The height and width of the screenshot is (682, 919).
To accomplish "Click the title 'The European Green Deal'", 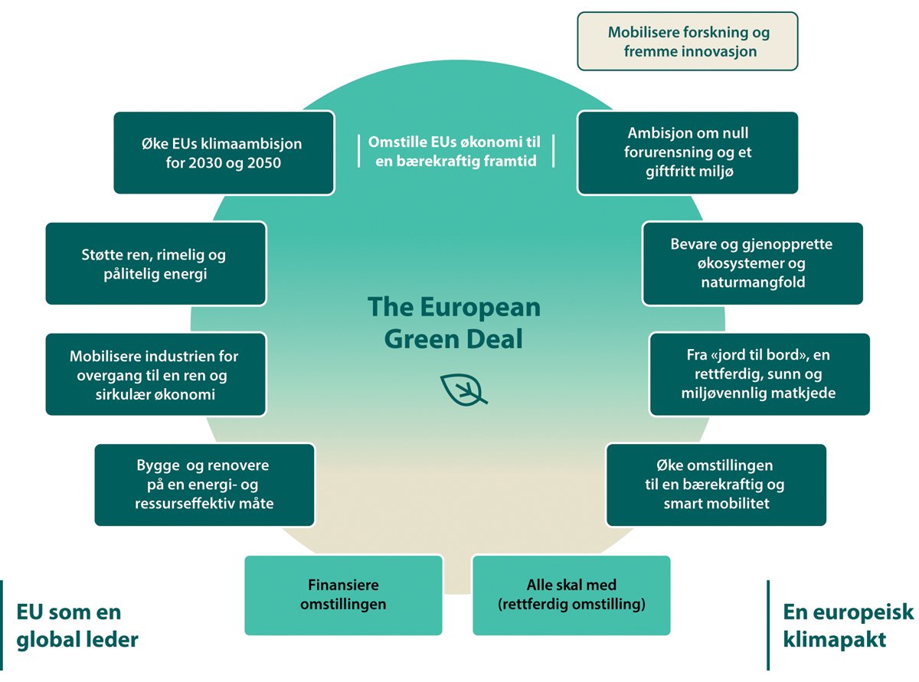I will pyautogui.click(x=453, y=322).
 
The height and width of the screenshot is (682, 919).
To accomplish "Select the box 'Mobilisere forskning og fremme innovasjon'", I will pyautogui.click(x=688, y=42).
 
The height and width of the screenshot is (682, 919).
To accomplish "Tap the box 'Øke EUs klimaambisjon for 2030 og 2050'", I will pyautogui.click(x=224, y=153).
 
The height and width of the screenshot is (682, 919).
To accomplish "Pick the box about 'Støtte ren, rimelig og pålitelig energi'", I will pyautogui.click(x=155, y=264).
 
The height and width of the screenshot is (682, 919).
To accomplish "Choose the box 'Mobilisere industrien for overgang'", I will pyautogui.click(x=155, y=375).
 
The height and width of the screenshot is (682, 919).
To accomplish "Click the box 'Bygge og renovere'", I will pyautogui.click(x=204, y=485).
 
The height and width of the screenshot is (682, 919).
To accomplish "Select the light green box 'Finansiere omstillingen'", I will pyautogui.click(x=343, y=595).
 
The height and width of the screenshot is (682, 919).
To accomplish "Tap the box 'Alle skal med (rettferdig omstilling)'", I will pyautogui.click(x=571, y=595).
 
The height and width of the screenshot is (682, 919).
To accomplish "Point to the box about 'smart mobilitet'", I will pyautogui.click(x=716, y=485).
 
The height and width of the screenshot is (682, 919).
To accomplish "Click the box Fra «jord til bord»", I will pyautogui.click(x=759, y=374).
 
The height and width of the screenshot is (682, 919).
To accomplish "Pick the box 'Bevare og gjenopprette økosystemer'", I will pyautogui.click(x=752, y=263).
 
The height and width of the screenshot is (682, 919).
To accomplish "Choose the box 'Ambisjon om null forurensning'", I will pyautogui.click(x=688, y=153).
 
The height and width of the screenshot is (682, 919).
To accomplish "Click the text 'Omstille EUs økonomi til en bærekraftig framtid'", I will pyautogui.click(x=455, y=151).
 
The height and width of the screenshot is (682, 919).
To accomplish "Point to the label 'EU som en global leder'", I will pyautogui.click(x=77, y=625).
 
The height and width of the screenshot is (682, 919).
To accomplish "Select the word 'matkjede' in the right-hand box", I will pyautogui.click(x=804, y=393).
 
